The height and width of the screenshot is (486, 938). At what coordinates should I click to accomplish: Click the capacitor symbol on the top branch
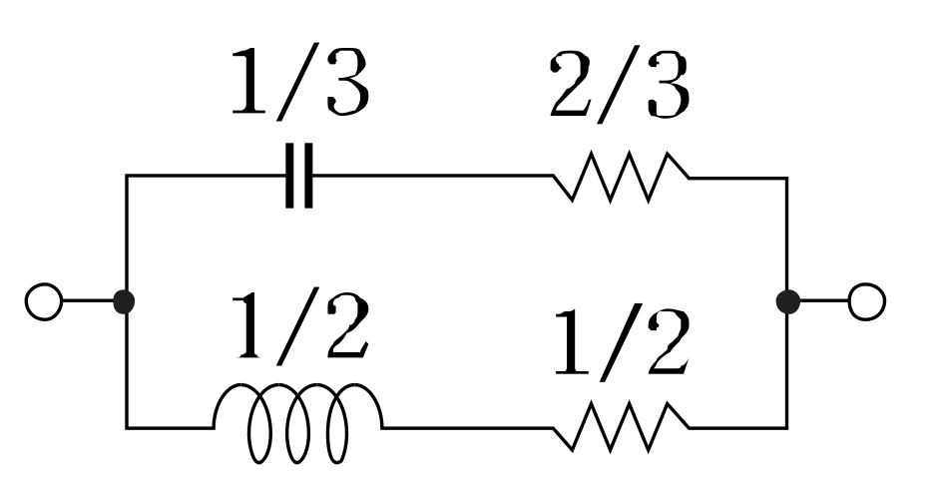click(x=299, y=177)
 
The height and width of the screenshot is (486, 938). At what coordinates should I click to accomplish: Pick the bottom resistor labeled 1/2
click(x=622, y=428)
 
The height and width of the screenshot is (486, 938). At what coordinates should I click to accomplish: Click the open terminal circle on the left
click(x=44, y=300)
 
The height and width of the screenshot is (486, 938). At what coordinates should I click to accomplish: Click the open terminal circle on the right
click(x=866, y=300)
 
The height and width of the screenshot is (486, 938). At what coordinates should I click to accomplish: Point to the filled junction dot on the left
click(x=126, y=300)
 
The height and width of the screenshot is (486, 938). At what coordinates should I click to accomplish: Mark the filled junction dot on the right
click(x=787, y=300)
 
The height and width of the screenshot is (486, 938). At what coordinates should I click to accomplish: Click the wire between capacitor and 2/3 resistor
click(x=434, y=177)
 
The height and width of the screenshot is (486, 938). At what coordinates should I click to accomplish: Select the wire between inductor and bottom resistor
click(x=467, y=428)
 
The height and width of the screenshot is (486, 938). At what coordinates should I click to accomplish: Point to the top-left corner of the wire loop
click(x=127, y=177)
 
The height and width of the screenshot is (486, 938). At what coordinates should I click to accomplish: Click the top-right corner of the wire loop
click(x=787, y=179)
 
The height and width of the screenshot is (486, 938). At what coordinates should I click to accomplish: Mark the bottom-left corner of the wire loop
click(x=127, y=428)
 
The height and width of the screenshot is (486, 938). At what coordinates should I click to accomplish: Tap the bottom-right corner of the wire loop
click(x=787, y=428)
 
